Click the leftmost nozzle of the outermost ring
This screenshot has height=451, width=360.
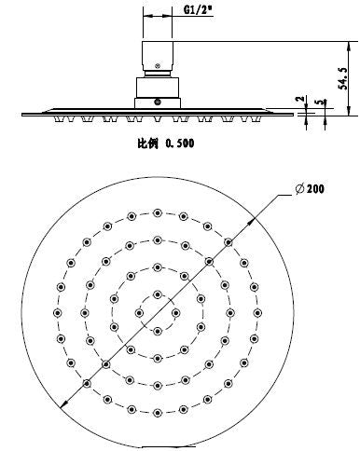click(x=56, y=310)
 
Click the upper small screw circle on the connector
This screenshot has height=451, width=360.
click(x=157, y=65)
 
